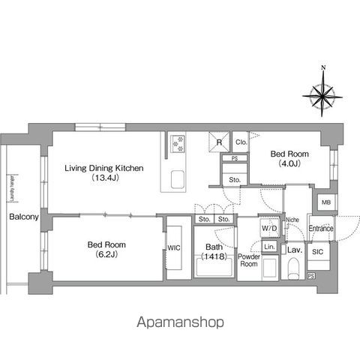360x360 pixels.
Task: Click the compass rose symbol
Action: click(x=322, y=94)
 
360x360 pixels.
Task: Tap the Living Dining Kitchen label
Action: click(x=104, y=172)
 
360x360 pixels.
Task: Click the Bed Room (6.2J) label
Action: click(x=106, y=250)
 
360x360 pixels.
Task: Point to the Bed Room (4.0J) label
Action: click(x=288, y=157)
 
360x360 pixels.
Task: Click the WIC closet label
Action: click(x=174, y=247)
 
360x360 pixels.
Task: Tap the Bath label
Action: click(x=215, y=250)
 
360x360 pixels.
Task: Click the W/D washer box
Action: click(x=269, y=227)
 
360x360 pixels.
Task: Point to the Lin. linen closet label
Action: click(x=269, y=247)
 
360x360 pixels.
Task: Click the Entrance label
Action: click(x=320, y=228)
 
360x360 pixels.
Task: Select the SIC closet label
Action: click(x=318, y=252)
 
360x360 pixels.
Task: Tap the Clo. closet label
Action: click(x=241, y=142)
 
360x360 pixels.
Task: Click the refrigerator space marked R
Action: click(x=219, y=142)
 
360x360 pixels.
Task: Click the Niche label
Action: click(x=292, y=220)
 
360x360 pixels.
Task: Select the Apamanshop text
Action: click(x=180, y=322)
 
